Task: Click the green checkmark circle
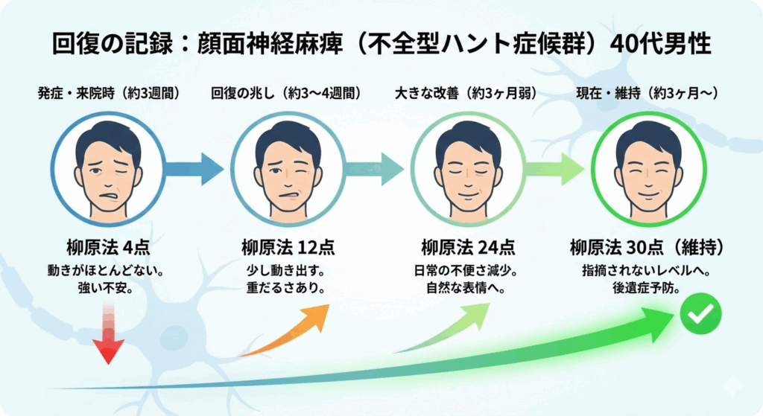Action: tap(700, 316)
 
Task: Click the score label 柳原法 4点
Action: tap(108, 246)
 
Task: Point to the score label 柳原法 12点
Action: tap(288, 246)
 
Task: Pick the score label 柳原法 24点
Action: tap(467, 246)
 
